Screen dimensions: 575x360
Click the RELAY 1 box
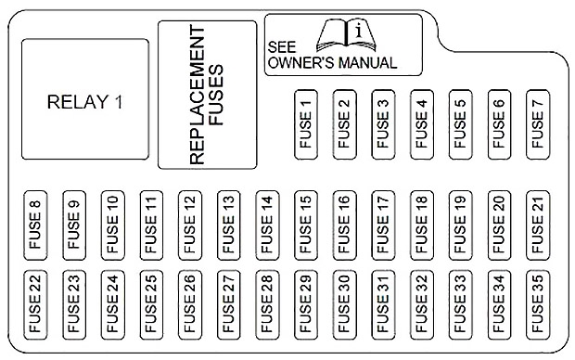tap(85, 99)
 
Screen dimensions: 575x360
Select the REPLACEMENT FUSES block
tap(207, 95)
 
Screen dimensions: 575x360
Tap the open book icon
tap(346, 35)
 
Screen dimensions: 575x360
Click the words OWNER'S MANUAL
tap(332, 63)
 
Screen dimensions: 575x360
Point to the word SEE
tap(282, 47)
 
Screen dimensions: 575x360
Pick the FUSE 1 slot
tap(306, 124)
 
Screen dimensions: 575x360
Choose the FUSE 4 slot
tap(422, 124)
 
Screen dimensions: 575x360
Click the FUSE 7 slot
tap(538, 124)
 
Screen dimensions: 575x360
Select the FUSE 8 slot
tap(35, 225)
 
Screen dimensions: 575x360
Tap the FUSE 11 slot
tap(151, 225)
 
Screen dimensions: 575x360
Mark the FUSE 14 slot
tap(267, 225)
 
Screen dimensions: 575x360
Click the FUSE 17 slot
tap(383, 225)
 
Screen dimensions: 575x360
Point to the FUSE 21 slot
tap(538, 225)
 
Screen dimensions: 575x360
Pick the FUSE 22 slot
tap(35, 305)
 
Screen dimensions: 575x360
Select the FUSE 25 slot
tap(151, 305)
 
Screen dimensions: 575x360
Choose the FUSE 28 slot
tap(267, 305)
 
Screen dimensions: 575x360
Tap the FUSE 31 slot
tap(383, 305)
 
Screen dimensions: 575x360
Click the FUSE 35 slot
tap(538, 305)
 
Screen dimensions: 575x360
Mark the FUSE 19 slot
tap(461, 225)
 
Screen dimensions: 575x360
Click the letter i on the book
tap(359, 31)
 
